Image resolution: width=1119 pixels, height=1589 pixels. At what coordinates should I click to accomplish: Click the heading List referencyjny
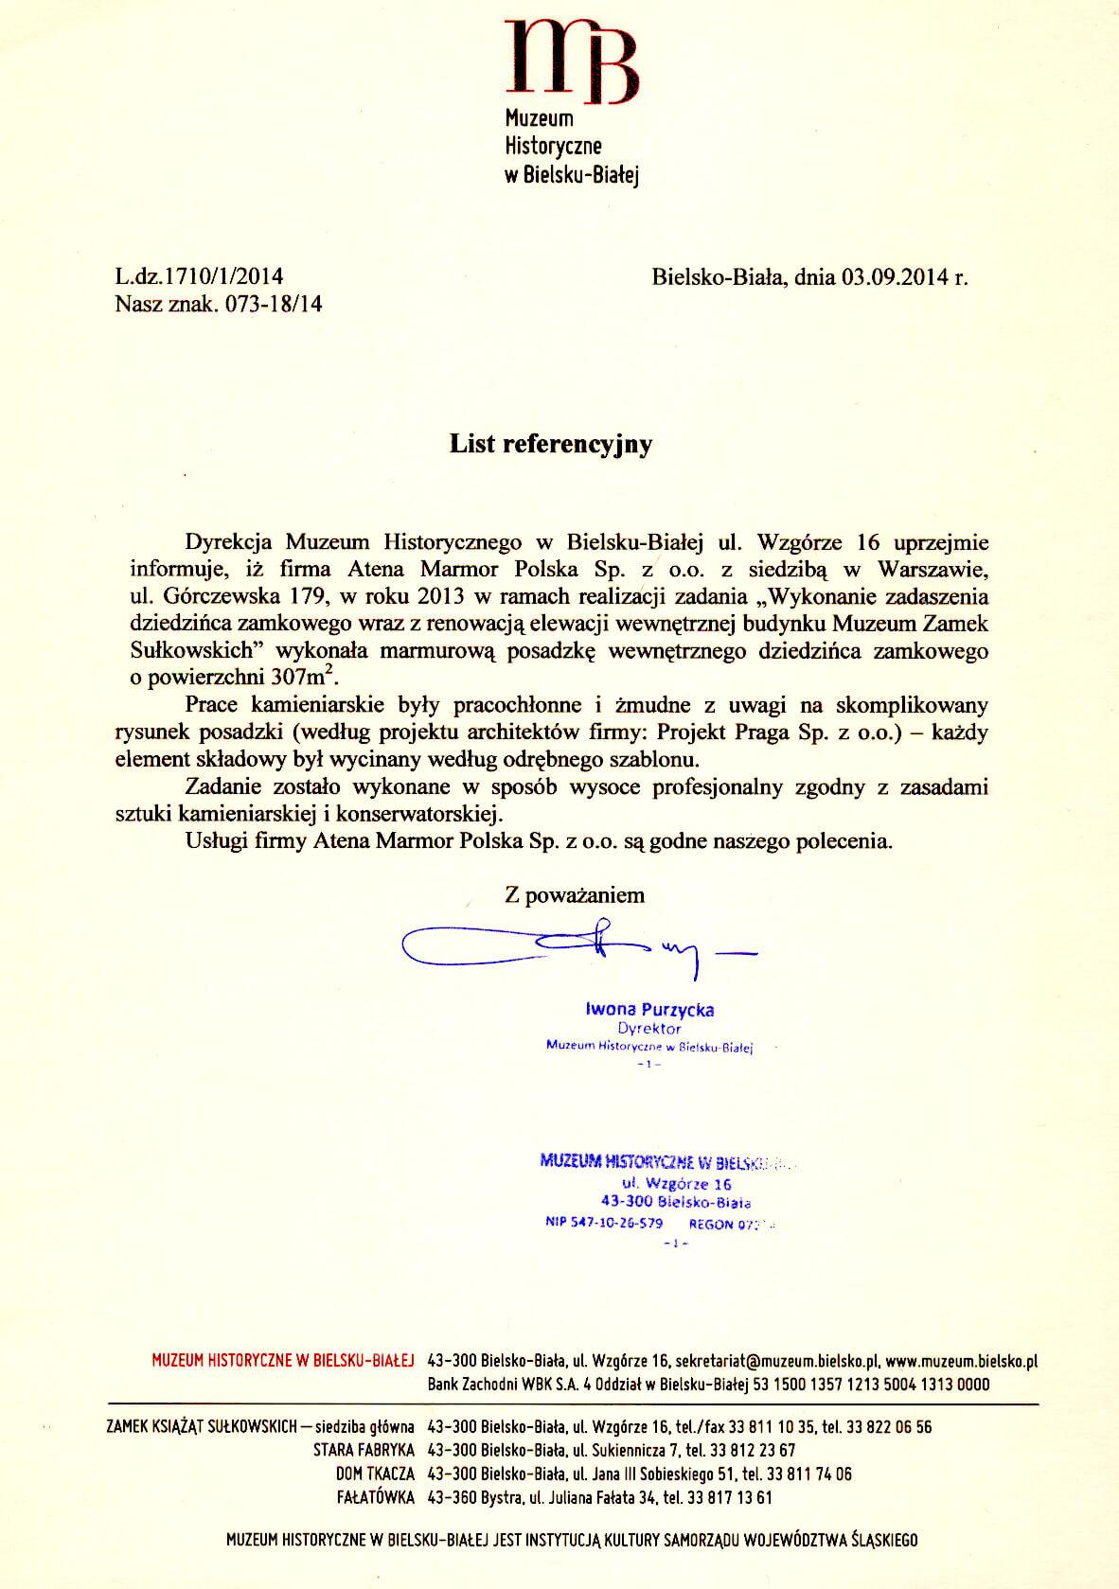[550, 444]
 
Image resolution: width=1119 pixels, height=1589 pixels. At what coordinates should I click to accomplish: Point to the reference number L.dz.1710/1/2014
[199, 276]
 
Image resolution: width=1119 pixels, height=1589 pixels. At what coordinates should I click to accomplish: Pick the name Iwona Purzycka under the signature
[650, 1010]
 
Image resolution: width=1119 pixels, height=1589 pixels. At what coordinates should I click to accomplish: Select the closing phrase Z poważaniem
[575, 894]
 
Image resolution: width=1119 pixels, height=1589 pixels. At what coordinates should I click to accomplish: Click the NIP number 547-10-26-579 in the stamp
[604, 1222]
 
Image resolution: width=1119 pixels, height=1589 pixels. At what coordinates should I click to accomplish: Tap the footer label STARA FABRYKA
[364, 1450]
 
